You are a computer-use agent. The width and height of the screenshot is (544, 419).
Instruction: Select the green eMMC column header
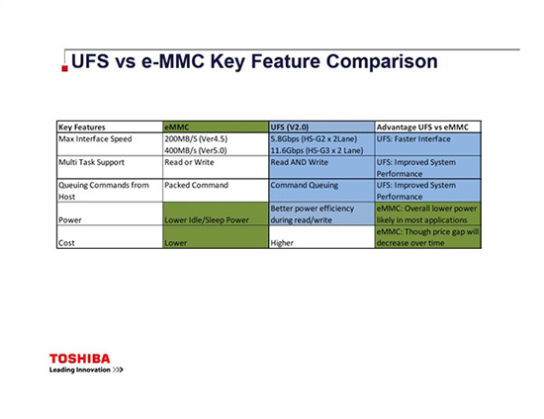coord(178,127)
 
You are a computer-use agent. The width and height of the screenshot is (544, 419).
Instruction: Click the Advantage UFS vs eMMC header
coord(427,127)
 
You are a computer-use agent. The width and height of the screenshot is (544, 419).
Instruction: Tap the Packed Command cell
coord(196,184)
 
